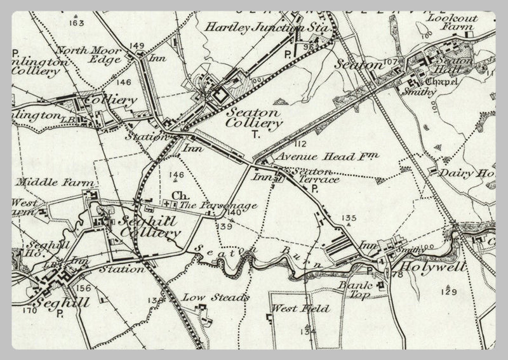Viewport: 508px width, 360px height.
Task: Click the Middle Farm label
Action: [x=46, y=182]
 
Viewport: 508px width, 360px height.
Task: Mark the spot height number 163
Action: [x=77, y=23]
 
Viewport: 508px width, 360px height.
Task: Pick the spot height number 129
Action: [x=450, y=291]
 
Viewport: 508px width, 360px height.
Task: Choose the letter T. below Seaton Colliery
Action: [x=256, y=135]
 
